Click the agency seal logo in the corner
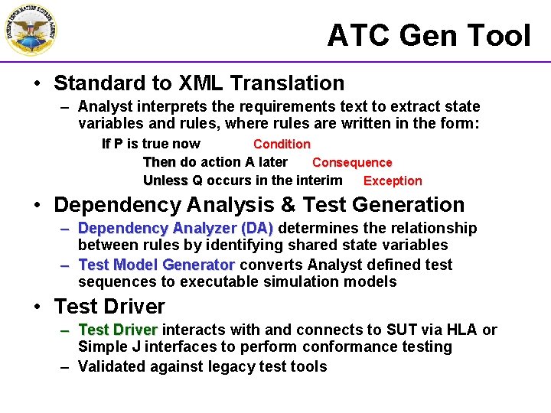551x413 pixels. [x=30, y=30]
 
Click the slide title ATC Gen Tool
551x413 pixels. [x=429, y=36]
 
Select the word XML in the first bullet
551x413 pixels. [x=201, y=83]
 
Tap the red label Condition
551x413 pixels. [x=282, y=144]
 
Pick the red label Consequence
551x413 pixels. [x=352, y=162]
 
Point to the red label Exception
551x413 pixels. [x=393, y=181]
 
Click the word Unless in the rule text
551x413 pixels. [x=165, y=180]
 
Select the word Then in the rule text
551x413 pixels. [x=159, y=162]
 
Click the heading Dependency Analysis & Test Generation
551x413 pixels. [x=259, y=205]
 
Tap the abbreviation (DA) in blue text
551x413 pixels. [x=256, y=228]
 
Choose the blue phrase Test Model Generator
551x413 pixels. [x=156, y=265]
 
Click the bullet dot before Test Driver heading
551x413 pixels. [x=37, y=307]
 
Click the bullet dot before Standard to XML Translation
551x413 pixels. [x=37, y=83]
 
